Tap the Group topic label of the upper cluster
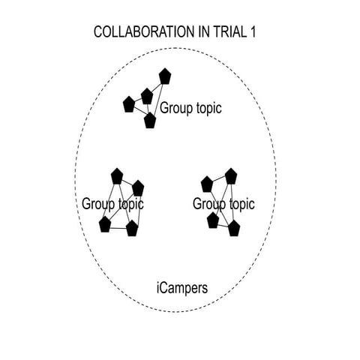[x=190, y=108]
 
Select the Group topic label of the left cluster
[x=112, y=203]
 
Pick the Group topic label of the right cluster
[x=223, y=203]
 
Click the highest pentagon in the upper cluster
[x=164, y=76]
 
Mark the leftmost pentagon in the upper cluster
[x=129, y=105]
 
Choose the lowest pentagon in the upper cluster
[x=150, y=120]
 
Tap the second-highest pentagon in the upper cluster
[x=147, y=96]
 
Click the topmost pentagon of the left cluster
[x=116, y=175]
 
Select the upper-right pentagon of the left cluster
[x=137, y=187]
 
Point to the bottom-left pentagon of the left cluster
[x=104, y=224]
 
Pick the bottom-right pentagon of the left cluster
[x=132, y=228]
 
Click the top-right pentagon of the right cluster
[x=230, y=175]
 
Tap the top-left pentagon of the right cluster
[x=207, y=184]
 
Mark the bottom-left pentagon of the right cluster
[x=213, y=220]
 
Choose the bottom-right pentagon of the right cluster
[x=233, y=228]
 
